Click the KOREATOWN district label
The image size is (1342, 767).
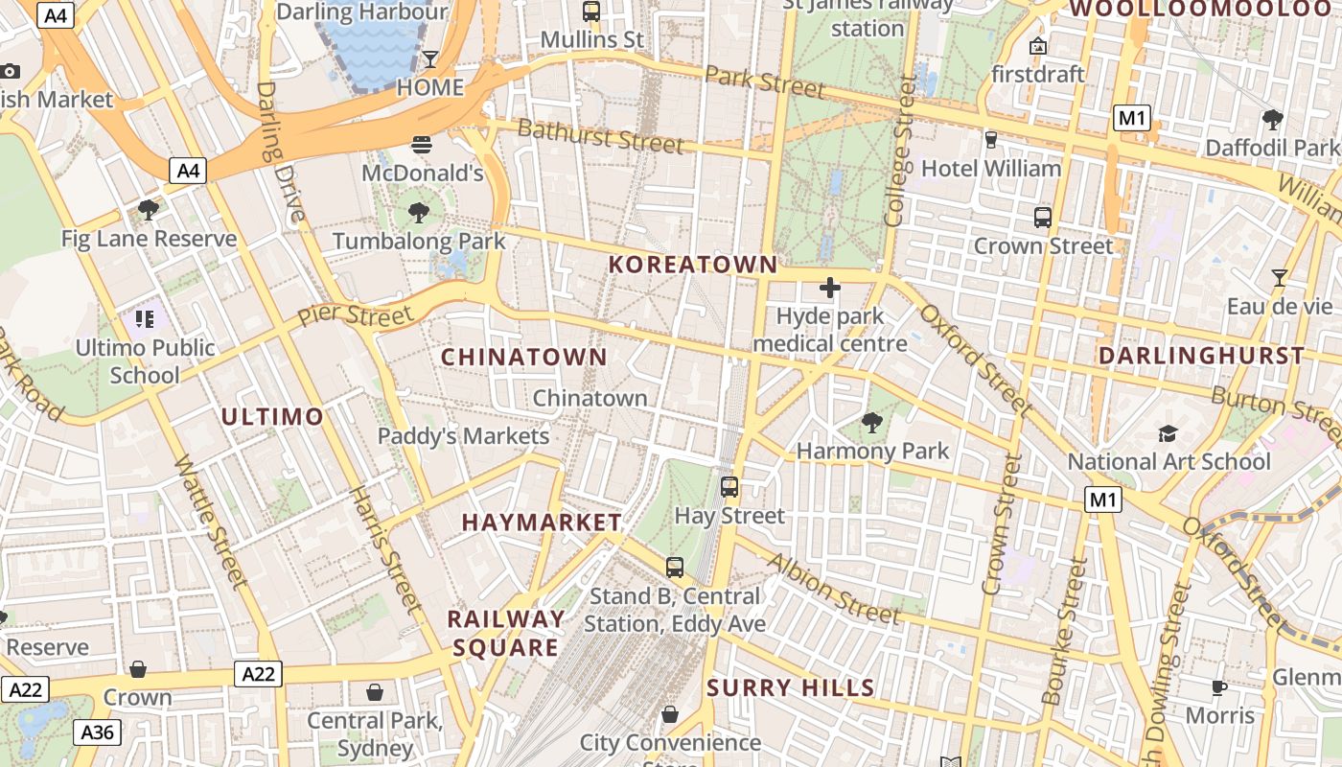[693, 265]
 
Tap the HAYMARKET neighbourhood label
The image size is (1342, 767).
[542, 523]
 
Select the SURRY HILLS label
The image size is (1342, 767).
[791, 687]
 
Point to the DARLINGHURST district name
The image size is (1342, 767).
[1201, 356]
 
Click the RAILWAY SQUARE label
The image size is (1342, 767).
[505, 633]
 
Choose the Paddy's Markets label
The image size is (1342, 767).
[463, 436]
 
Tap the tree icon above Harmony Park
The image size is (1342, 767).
[872, 422]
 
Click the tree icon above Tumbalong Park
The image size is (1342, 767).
[419, 212]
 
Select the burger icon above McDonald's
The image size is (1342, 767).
[422, 145]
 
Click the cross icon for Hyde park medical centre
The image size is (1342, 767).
[830, 287]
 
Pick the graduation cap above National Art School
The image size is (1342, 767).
[1168, 433]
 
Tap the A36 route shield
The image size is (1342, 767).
[97, 733]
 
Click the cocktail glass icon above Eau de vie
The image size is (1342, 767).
[1279, 278]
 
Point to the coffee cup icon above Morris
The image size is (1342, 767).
[1219, 687]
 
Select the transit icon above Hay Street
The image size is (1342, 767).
[729, 487]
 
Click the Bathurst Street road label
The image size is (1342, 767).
[600, 136]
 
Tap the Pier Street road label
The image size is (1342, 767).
[355, 313]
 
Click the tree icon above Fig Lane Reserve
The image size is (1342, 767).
[148, 209]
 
